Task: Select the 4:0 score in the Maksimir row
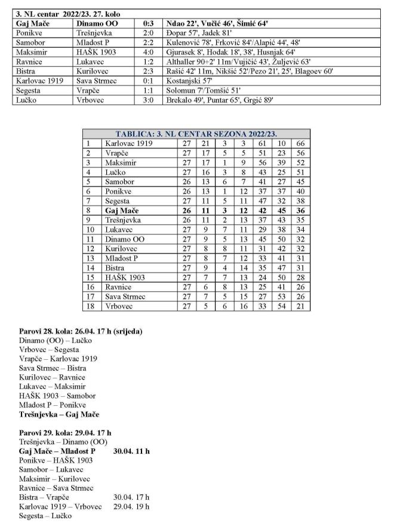tap(148, 52)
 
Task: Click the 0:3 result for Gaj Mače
tap(148, 23)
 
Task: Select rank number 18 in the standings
tap(90, 307)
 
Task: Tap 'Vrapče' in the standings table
tap(116, 154)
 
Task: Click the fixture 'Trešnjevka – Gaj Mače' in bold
tap(59, 414)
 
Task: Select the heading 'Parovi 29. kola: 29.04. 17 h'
tap(65, 433)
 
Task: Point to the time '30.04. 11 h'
tap(131, 451)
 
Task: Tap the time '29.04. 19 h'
tap(131, 507)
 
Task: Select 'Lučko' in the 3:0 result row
tap(28, 100)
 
